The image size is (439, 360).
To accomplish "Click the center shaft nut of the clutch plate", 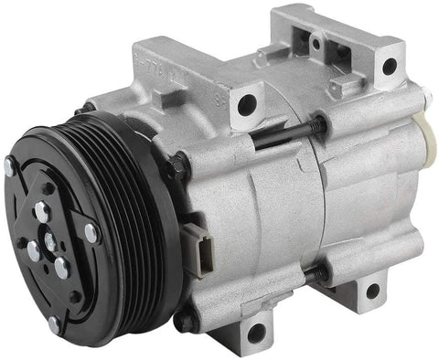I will (x=49, y=245).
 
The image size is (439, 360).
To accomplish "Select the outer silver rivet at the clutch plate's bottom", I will (x=54, y=323).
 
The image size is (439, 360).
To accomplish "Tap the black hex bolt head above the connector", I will (x=176, y=166).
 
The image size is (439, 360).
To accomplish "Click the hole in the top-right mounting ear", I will (x=389, y=66).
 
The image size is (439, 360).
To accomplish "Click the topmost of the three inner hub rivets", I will (x=40, y=212).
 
